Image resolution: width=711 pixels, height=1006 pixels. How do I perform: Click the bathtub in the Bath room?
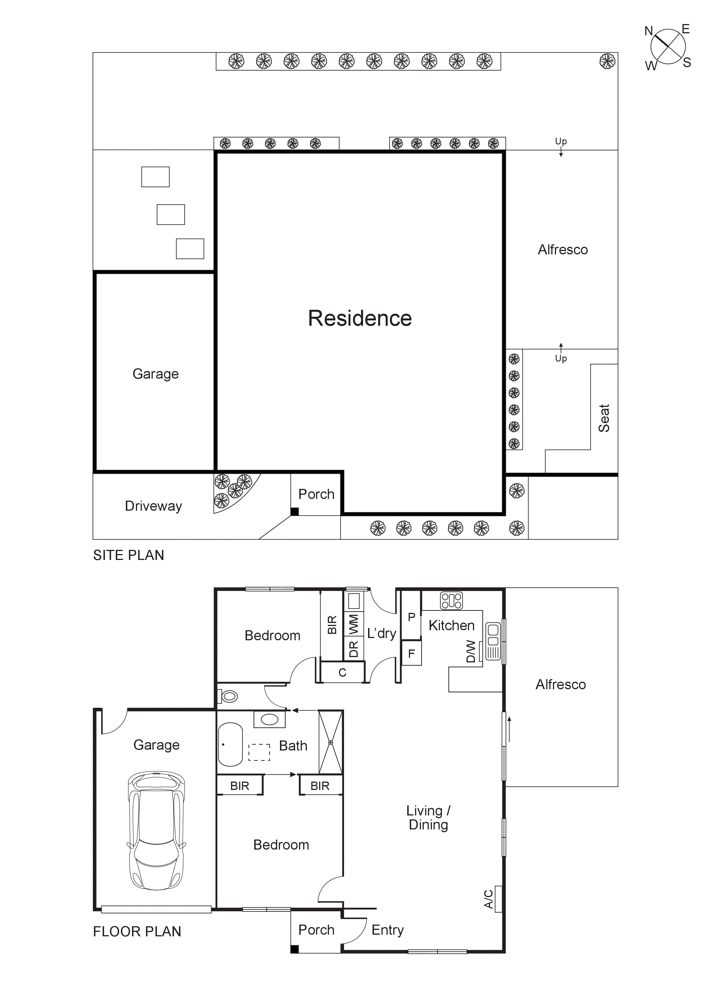(230, 744)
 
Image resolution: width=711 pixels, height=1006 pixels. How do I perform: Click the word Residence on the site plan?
(360, 318)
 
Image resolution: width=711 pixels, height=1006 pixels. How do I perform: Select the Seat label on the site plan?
(604, 418)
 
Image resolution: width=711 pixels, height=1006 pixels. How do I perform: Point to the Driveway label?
(153, 506)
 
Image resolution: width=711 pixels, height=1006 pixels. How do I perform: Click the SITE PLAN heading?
(128, 555)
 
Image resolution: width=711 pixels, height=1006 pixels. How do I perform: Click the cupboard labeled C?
(342, 672)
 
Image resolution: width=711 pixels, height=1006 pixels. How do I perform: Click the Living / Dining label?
(428, 818)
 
